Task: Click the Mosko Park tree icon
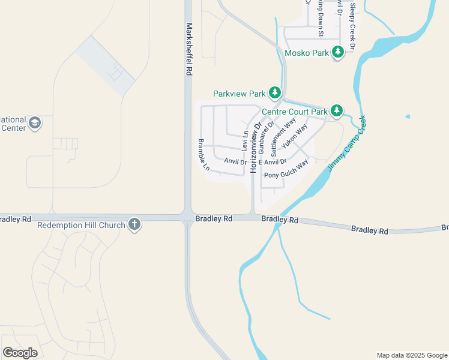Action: coord(338,53)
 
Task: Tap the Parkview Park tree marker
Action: coord(275,93)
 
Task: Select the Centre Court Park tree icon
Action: coord(337,110)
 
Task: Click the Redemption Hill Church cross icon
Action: coord(135,225)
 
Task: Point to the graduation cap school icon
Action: coord(35,122)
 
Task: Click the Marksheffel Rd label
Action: coord(188,49)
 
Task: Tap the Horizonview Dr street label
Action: coord(256,148)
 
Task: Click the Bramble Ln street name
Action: coord(203,155)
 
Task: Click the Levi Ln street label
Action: coord(245,140)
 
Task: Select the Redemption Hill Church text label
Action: coord(81,225)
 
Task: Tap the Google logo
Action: coord(20,353)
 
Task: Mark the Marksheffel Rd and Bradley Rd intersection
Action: coord(188,218)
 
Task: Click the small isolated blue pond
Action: coord(408,116)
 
